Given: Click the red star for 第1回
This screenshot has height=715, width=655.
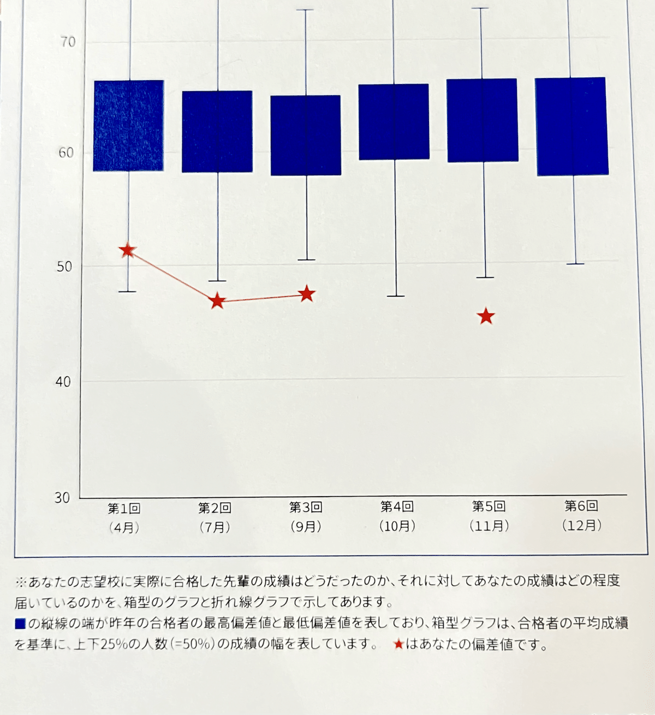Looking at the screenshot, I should tap(128, 251).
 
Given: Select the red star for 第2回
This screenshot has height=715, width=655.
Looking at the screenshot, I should tap(218, 301).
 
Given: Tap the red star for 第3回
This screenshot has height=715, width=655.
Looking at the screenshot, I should tap(307, 294).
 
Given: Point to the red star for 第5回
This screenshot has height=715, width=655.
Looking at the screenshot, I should tap(486, 317).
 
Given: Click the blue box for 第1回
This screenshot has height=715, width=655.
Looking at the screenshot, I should tap(129, 126).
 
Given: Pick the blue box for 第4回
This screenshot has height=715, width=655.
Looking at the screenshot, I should tap(394, 122).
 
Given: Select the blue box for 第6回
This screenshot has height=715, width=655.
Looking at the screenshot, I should tap(571, 127).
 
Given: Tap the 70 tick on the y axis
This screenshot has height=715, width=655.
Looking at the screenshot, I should tap(68, 42).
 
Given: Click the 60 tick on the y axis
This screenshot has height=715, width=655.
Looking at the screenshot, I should tap(66, 152).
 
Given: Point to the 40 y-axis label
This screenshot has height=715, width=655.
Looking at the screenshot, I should tap(63, 382).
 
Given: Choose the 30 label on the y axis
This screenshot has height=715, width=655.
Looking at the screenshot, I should tap(62, 497).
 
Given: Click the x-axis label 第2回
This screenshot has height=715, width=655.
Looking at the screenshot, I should tap(215, 508).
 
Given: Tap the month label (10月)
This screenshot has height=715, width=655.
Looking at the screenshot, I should tap(397, 526).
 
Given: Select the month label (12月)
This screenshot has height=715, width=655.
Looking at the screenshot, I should tap(582, 525).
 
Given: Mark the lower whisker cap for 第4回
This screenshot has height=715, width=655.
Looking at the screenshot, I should tap(395, 296).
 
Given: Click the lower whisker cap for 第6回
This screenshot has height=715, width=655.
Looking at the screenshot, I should tap(575, 264).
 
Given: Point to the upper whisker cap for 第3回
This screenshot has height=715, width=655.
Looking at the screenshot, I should tap(305, 10).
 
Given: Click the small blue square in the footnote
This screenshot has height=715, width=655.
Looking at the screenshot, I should tap(20, 623).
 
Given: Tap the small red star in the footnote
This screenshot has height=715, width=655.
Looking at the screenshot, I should tap(398, 645).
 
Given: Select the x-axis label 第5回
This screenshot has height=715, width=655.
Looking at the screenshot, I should tap(489, 507).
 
